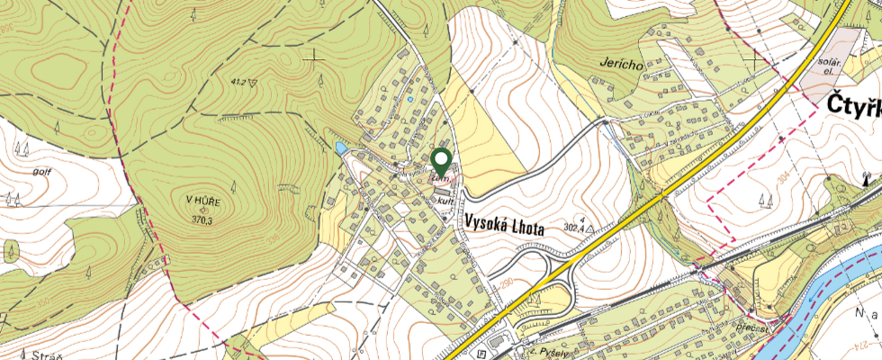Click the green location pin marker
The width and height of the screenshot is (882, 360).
(441, 161)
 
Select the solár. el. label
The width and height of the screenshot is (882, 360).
(828, 65)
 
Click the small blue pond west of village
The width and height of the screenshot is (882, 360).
(340, 147)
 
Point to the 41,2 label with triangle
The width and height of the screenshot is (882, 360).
(238, 82)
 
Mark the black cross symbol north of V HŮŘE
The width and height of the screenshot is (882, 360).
(314, 56)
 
